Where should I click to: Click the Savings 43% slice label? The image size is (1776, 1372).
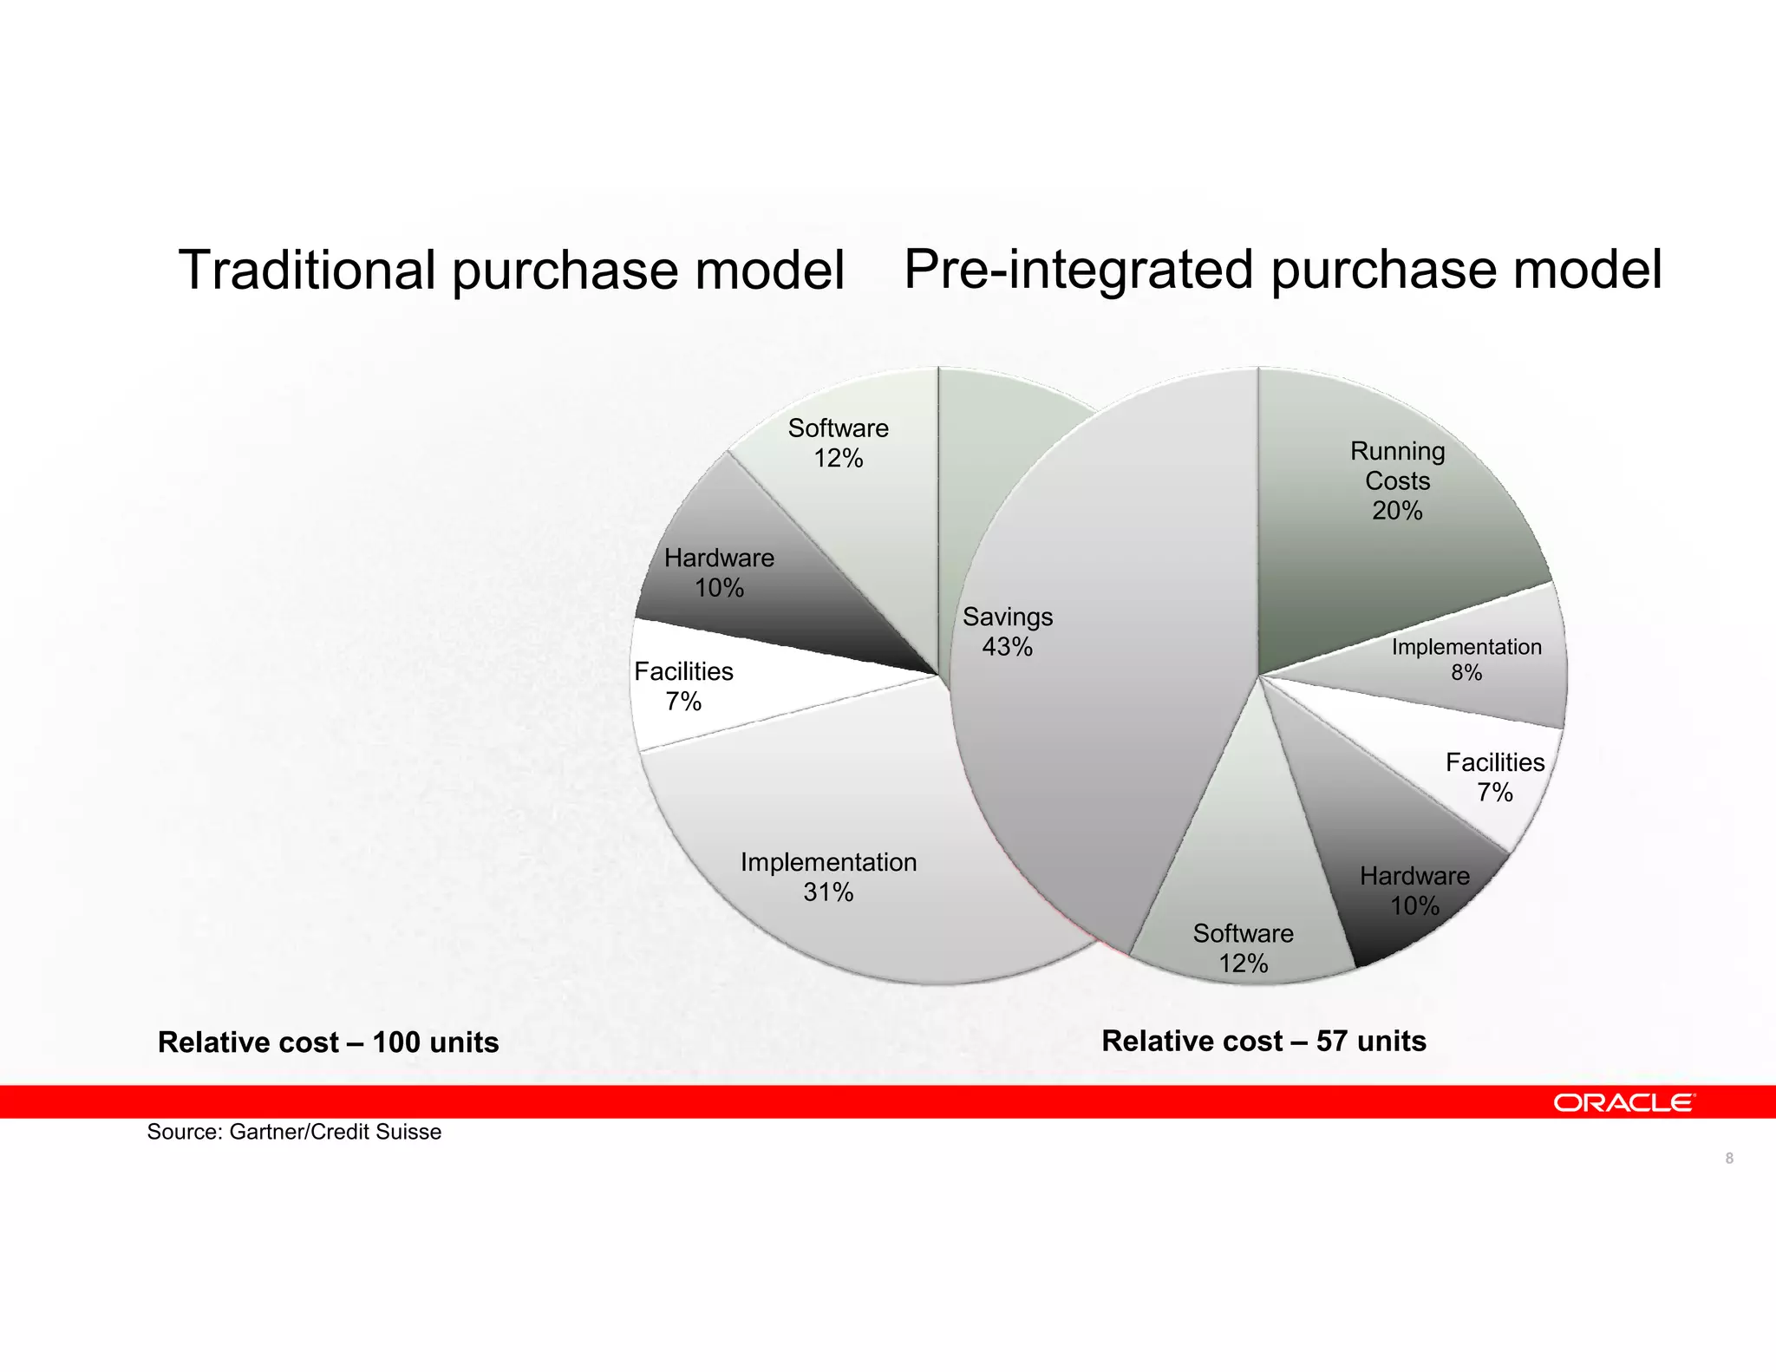[1007, 631]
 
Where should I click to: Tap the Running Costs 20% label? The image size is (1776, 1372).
[1397, 480]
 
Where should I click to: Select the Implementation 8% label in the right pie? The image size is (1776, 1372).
[1466, 659]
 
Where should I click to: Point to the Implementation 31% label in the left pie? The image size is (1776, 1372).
[828, 877]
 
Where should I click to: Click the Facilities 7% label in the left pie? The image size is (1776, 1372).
[683, 686]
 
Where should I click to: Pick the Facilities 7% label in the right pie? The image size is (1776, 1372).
[1494, 777]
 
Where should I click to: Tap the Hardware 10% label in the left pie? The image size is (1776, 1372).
[719, 572]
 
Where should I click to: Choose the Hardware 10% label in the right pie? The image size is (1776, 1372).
[1414, 891]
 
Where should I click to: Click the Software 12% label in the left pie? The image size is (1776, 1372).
[838, 442]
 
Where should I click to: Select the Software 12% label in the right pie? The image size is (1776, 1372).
[1243, 948]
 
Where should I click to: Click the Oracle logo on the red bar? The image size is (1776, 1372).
[1623, 1102]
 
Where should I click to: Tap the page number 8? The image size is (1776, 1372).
[1729, 1159]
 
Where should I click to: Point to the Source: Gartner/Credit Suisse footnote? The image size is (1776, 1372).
[294, 1132]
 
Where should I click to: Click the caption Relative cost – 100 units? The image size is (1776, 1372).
[328, 1042]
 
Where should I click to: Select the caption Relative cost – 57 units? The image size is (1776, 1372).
[1263, 1041]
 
